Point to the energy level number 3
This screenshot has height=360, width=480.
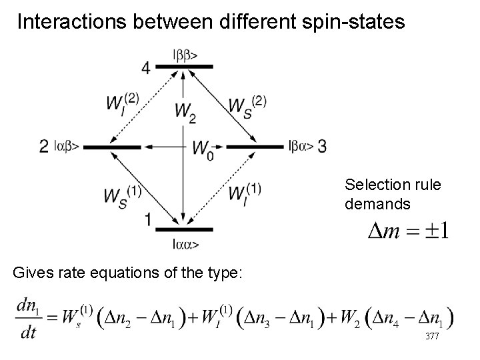tap(322, 146)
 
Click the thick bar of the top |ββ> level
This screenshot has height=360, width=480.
tap(183, 67)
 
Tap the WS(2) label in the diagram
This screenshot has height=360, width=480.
tap(247, 103)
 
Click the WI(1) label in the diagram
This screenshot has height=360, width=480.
tap(243, 194)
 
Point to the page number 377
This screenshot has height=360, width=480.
tap(432, 337)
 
